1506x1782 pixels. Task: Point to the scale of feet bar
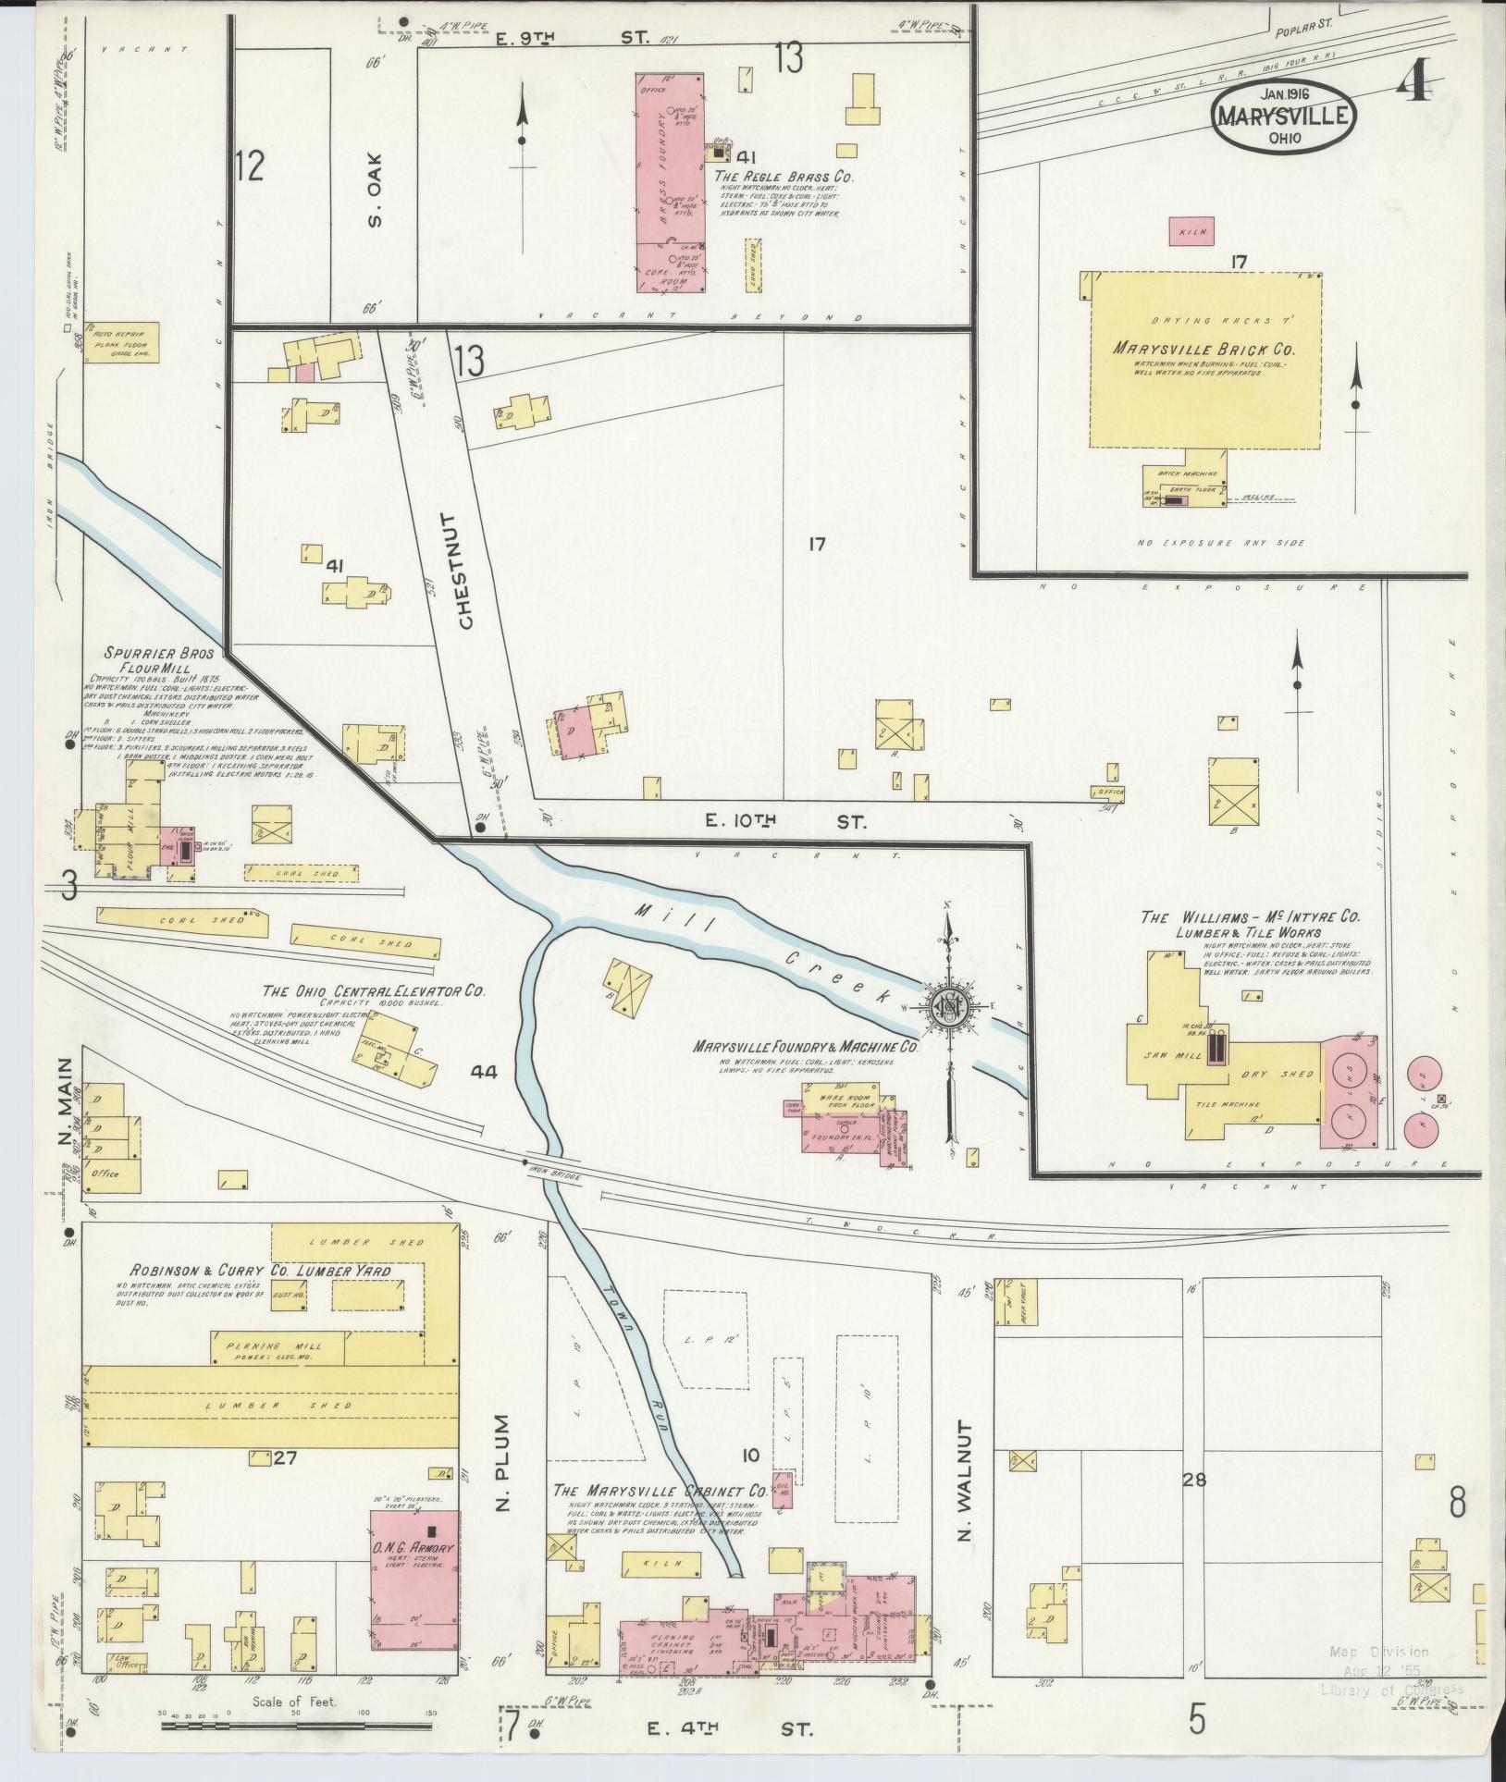(x=296, y=1725)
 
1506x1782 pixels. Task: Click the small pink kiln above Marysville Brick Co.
(x=1191, y=232)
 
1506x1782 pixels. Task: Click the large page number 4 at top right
(x=1414, y=88)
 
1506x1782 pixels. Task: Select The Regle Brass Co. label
(x=783, y=176)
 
